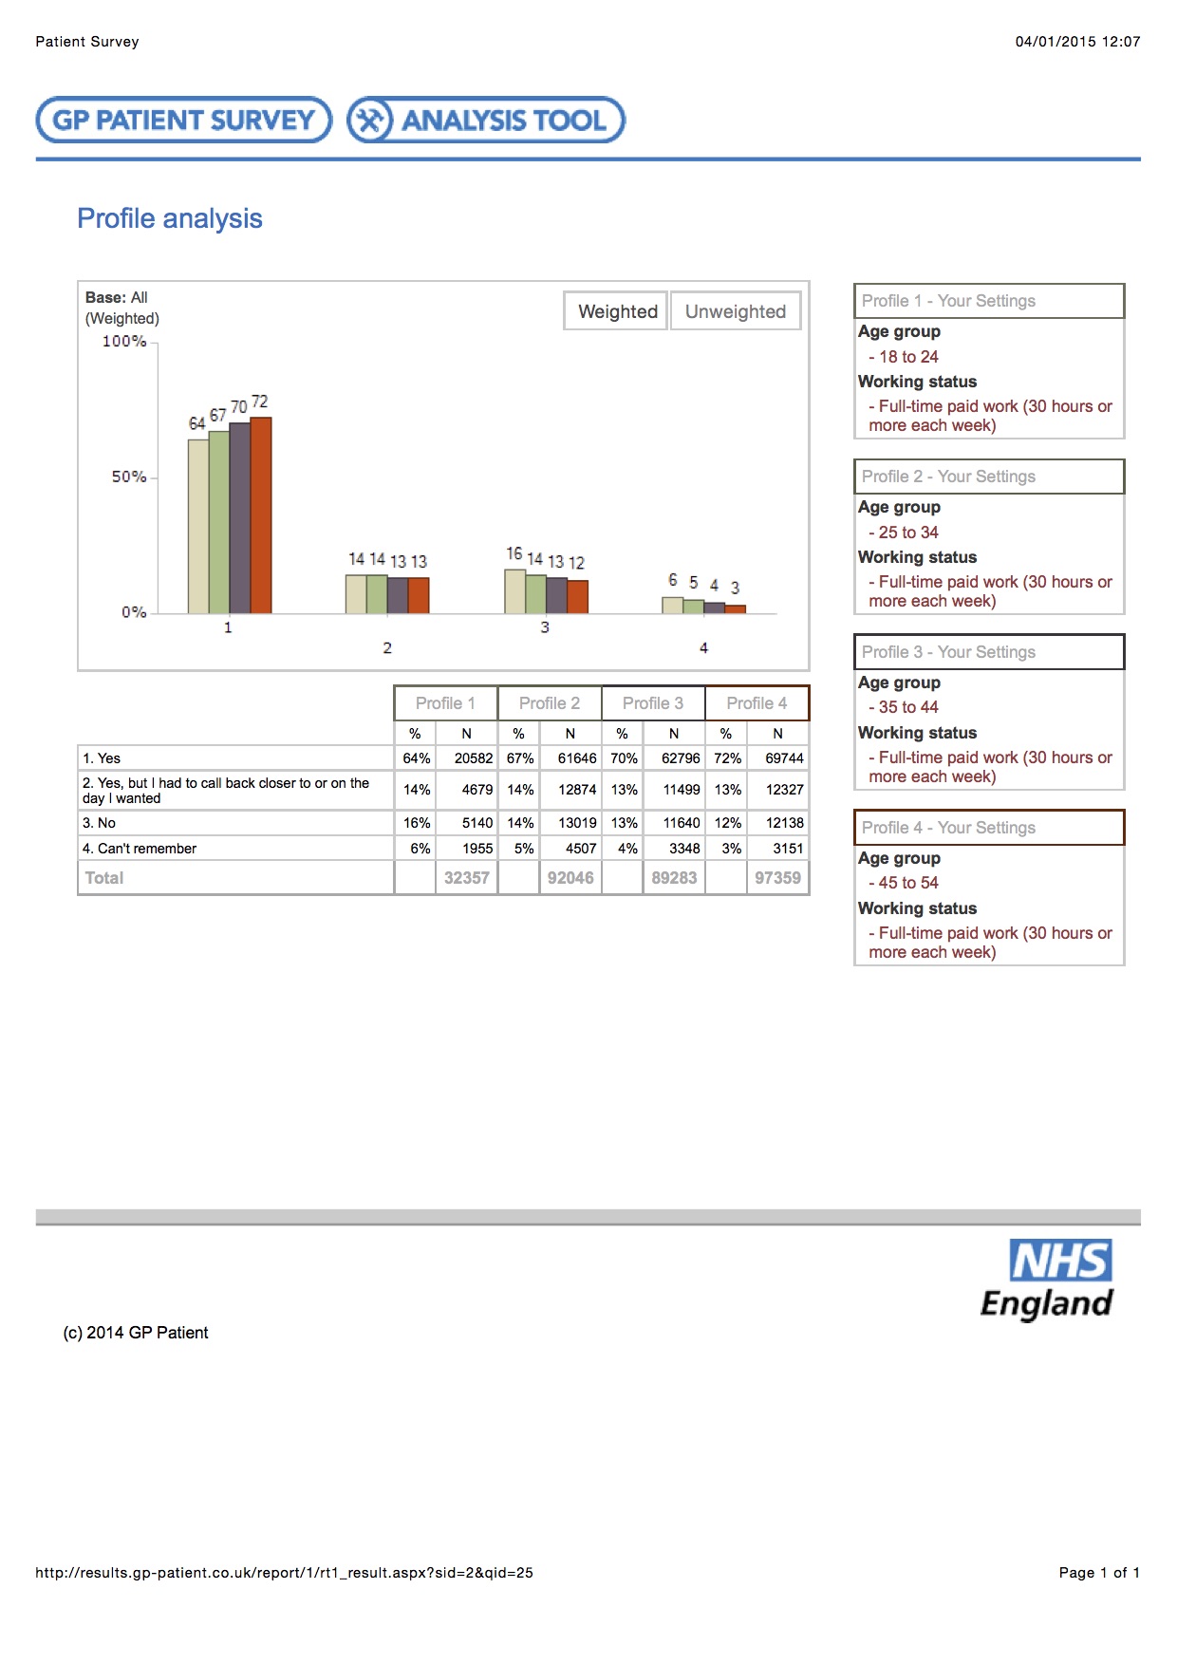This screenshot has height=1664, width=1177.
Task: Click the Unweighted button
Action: (x=736, y=311)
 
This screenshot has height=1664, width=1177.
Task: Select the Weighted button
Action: (x=617, y=311)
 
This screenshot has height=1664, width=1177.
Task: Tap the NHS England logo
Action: (x=1048, y=1280)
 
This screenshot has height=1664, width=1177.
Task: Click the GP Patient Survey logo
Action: (x=184, y=121)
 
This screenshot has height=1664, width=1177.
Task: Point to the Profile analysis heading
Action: (x=170, y=218)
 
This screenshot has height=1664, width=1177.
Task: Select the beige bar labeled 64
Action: (x=197, y=526)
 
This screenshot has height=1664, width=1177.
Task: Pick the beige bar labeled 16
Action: (x=514, y=591)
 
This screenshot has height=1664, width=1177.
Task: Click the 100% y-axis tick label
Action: (x=124, y=342)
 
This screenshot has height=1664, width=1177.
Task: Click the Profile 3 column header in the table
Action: (x=652, y=703)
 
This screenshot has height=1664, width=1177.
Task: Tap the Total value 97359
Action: (x=777, y=878)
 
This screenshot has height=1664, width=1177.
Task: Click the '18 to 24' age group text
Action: (x=908, y=357)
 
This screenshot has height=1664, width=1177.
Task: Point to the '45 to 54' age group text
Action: (x=908, y=883)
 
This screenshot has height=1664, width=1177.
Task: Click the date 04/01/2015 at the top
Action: (x=1056, y=42)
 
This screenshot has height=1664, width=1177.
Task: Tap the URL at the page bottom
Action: (x=284, y=1573)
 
